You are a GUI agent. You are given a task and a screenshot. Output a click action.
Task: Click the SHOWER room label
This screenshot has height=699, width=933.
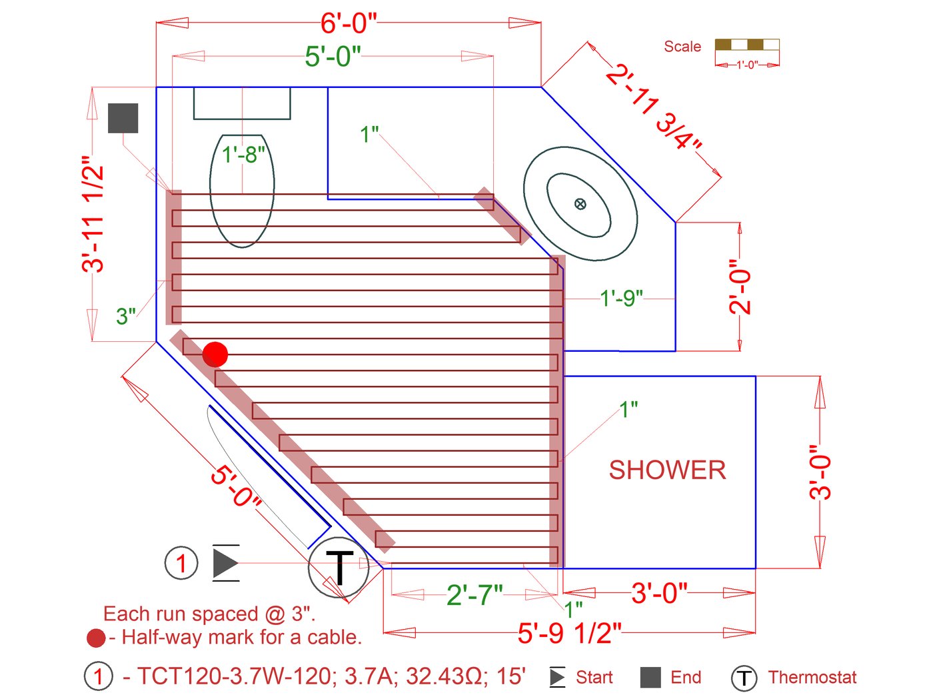pyautogui.click(x=667, y=470)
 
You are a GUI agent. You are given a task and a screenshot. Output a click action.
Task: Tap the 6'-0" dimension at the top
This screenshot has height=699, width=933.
pyautogui.click(x=349, y=23)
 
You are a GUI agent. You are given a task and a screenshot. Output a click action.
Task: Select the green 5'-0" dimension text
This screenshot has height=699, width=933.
pyautogui.click(x=333, y=56)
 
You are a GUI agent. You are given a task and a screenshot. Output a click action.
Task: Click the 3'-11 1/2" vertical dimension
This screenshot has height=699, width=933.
pyautogui.click(x=93, y=214)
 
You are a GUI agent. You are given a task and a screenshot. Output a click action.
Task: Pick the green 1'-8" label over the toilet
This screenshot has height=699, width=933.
pyautogui.click(x=243, y=154)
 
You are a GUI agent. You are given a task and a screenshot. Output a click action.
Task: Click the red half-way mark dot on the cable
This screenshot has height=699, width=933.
pyautogui.click(x=215, y=354)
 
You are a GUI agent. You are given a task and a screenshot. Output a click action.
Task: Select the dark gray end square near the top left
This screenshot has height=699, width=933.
pyautogui.click(x=123, y=118)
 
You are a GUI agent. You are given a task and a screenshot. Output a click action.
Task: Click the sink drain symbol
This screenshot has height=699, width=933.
pyautogui.click(x=580, y=204)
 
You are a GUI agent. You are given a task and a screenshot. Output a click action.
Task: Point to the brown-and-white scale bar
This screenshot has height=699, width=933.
pyautogui.click(x=747, y=45)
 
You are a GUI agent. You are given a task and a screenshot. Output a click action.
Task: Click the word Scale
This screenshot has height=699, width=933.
pyautogui.click(x=682, y=47)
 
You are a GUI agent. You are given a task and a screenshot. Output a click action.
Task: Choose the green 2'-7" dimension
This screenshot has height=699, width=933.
pyautogui.click(x=474, y=594)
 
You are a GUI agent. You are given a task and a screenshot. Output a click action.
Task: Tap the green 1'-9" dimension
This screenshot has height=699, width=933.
pyautogui.click(x=621, y=299)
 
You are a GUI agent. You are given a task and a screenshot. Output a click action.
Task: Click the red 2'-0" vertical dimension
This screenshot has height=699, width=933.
pyautogui.click(x=740, y=287)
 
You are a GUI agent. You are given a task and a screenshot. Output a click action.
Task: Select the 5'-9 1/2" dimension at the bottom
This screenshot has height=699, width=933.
pyautogui.click(x=570, y=634)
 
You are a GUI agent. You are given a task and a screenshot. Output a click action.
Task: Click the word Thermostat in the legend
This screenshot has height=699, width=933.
pyautogui.click(x=812, y=677)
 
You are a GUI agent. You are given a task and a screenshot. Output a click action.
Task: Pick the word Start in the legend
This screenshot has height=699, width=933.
pyautogui.click(x=594, y=677)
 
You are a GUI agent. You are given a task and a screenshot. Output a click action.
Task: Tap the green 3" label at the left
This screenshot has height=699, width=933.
pyautogui.click(x=126, y=316)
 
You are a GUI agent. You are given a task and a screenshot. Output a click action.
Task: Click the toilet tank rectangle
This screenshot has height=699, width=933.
pyautogui.click(x=242, y=103)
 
